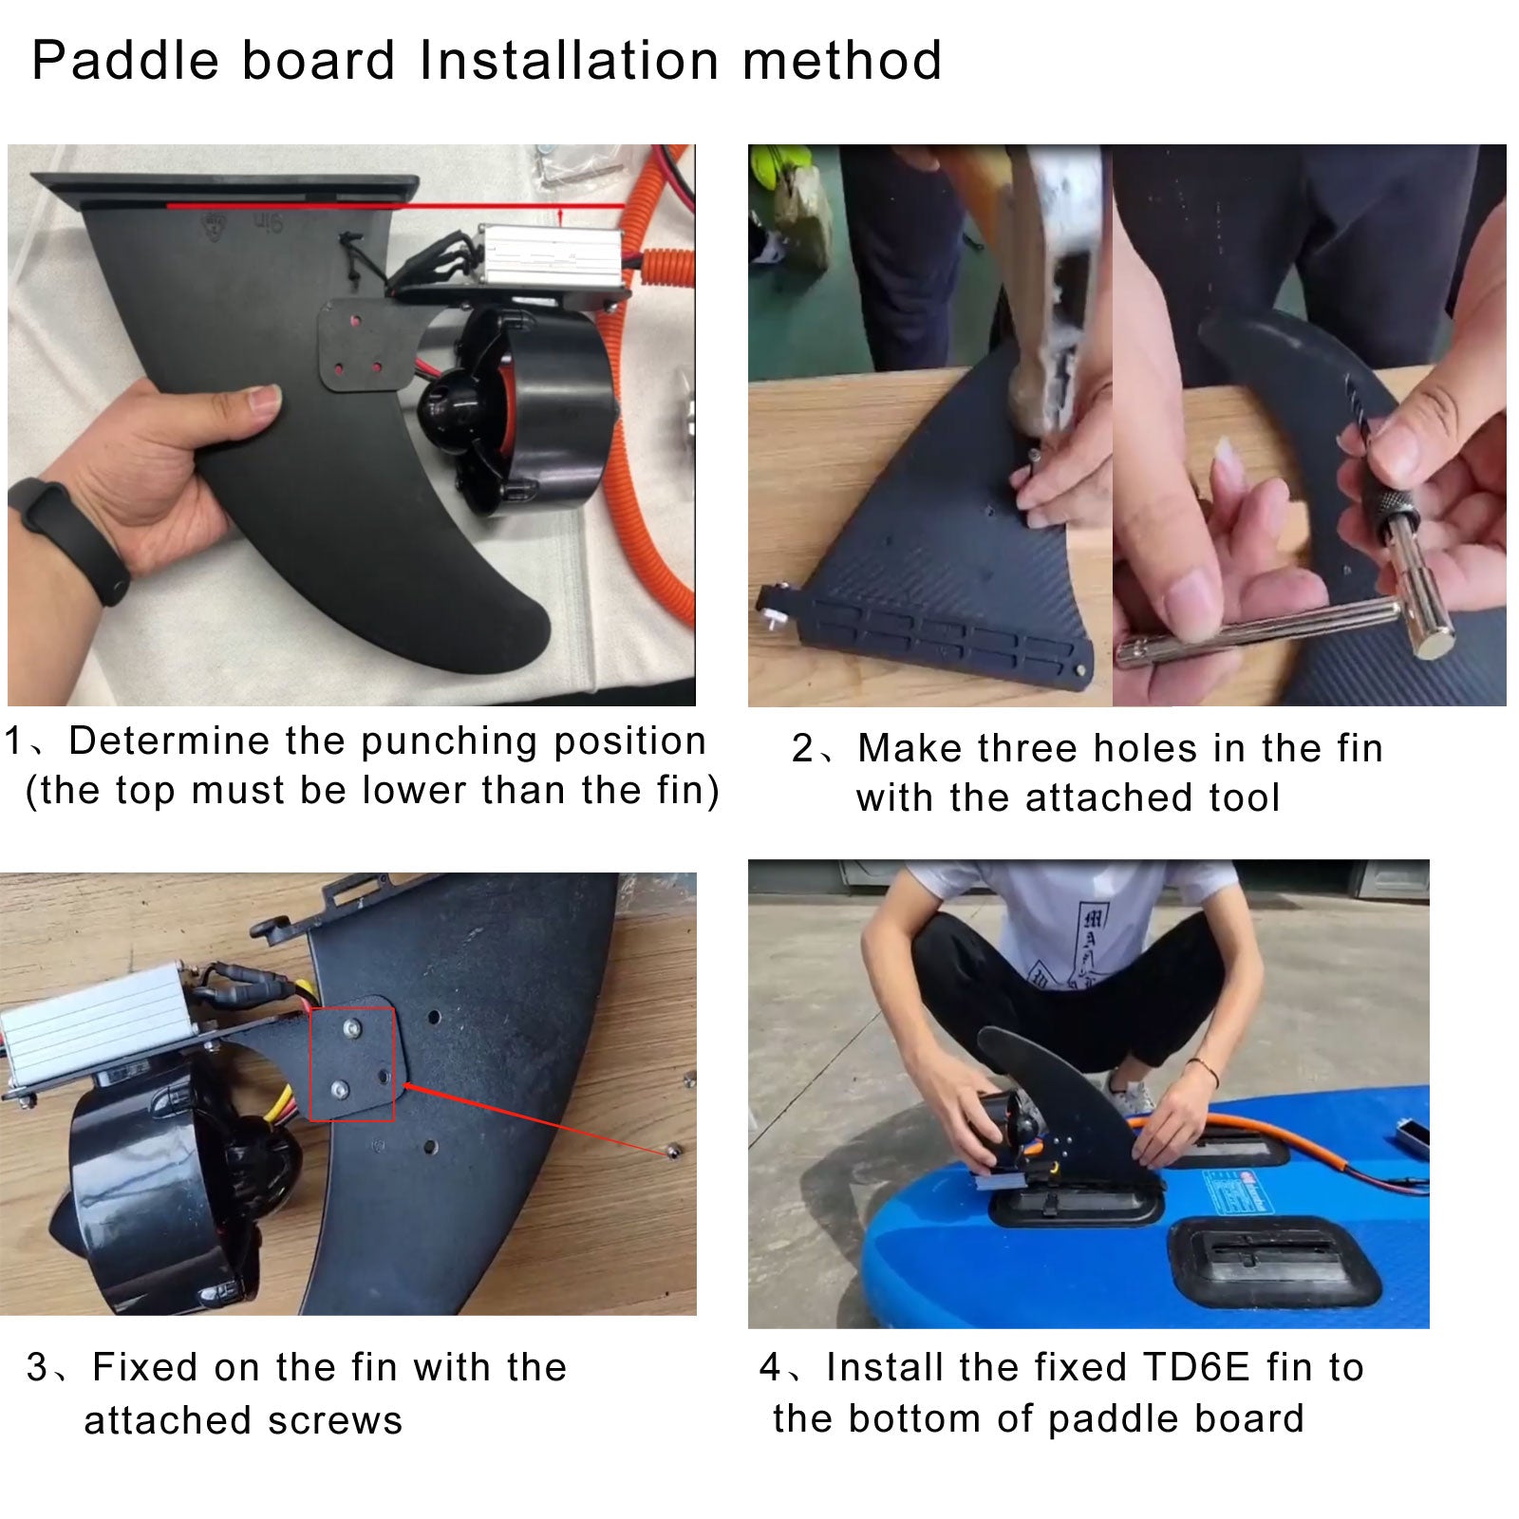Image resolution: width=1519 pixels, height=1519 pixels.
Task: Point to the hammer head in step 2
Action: coord(1054,313)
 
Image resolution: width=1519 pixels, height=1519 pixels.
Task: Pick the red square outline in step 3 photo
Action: coord(351,1064)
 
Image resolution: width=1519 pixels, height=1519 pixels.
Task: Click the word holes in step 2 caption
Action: coord(1114,749)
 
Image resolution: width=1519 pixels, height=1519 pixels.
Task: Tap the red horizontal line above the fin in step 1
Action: coord(395,205)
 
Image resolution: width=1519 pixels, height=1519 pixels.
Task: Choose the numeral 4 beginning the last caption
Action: coord(770,1368)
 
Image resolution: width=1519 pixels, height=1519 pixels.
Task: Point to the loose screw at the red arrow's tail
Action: coord(671,1150)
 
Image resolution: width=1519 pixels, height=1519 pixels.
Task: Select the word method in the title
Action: coord(842,61)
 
